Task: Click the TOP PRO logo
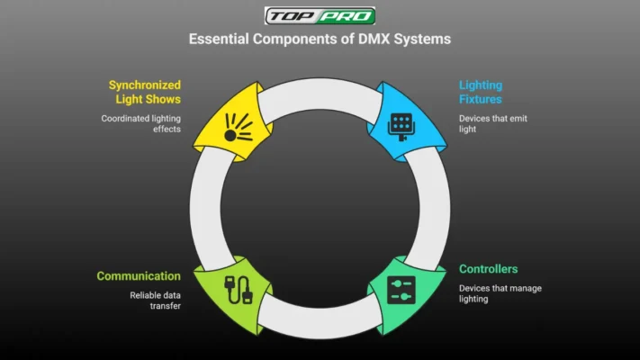(x=320, y=16)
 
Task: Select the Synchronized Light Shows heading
(x=144, y=92)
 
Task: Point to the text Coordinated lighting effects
(x=140, y=124)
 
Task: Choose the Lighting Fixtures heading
(x=481, y=92)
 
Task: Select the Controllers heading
(x=488, y=269)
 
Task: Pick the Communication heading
(x=139, y=275)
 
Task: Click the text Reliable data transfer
(x=154, y=300)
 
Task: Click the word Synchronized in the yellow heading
(x=144, y=85)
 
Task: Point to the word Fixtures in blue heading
(x=481, y=99)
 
